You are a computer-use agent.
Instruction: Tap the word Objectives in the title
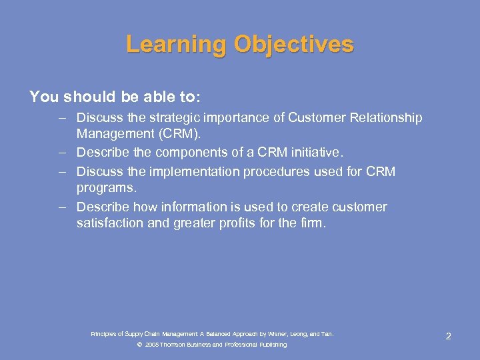293,45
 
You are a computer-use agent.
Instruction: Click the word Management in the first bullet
114,133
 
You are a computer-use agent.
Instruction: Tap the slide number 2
448,336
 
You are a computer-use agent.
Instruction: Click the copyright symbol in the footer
139,345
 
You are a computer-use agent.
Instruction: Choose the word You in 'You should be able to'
44,97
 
